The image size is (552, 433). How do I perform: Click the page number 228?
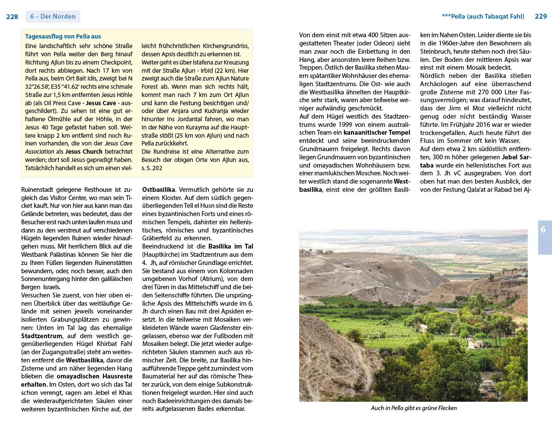12,17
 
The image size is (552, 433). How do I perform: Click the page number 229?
541,16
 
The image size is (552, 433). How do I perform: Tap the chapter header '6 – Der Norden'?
53,16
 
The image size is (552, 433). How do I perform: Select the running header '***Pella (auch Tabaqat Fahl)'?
483,16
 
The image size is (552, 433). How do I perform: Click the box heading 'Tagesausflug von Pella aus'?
63,37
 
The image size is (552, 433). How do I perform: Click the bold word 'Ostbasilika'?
159,190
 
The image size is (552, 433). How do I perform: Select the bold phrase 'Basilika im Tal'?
231,246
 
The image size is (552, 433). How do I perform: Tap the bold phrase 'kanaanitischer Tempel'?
377,132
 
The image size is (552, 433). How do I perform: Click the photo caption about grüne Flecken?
414,408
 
